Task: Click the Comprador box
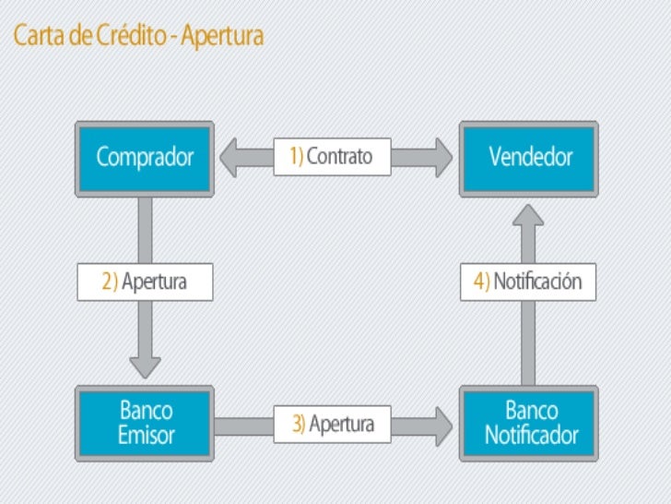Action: pos(145,157)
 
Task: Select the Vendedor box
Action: pos(530,157)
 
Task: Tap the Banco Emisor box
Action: pos(145,423)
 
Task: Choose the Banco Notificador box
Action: pos(530,423)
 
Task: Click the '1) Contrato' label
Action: pos(332,157)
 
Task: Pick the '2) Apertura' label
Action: pos(145,282)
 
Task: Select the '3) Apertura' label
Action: pos(332,424)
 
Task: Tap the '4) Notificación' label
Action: pos(528,282)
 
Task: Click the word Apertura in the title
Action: pos(222,36)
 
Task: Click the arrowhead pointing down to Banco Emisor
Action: pos(145,366)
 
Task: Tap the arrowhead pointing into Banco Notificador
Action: pos(442,425)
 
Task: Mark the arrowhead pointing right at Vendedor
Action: pos(442,157)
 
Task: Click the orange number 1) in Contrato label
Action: pos(296,157)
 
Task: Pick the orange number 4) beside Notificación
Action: pos(481,282)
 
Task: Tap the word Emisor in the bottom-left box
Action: pos(146,435)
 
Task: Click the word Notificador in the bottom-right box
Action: pos(531,435)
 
